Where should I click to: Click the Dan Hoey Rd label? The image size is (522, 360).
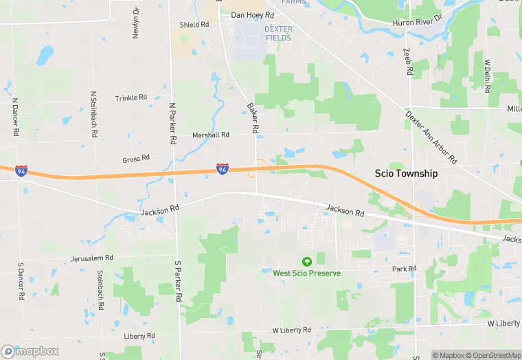click(252, 14)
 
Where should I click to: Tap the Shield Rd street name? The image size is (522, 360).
click(194, 25)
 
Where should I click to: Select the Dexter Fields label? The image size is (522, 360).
click(278, 34)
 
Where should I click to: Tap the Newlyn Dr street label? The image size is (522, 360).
click(136, 23)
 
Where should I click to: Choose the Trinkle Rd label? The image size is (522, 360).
click(131, 98)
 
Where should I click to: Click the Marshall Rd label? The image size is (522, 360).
click(210, 135)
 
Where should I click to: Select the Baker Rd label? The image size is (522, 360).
click(253, 118)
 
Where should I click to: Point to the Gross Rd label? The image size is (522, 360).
click(136, 159)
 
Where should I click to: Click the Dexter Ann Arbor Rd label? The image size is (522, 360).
click(431, 137)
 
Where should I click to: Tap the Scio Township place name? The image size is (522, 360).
click(405, 174)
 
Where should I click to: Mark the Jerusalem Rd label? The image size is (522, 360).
click(91, 258)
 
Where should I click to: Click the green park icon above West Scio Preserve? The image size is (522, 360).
click(306, 261)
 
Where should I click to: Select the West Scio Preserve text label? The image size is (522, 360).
click(306, 273)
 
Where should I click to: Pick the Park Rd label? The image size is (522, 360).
click(404, 269)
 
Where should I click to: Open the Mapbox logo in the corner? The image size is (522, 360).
click(30, 351)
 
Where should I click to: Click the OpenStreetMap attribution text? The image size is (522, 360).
click(492, 355)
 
